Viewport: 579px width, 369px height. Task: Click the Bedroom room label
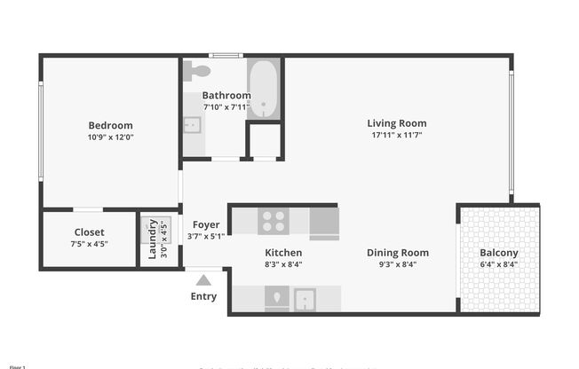click(x=110, y=125)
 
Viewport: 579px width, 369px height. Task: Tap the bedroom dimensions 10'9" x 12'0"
click(x=110, y=137)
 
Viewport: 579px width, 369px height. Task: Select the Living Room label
click(x=397, y=123)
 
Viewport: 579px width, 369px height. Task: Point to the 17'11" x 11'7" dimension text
click(x=397, y=136)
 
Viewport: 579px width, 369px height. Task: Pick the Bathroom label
click(x=226, y=96)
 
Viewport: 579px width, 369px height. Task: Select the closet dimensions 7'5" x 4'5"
click(x=89, y=244)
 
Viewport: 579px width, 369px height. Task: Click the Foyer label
click(x=206, y=224)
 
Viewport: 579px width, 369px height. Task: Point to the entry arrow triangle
click(x=203, y=280)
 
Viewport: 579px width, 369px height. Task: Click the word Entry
click(x=203, y=296)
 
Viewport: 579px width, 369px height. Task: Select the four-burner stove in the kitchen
click(x=273, y=220)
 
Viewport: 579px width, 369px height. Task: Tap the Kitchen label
click(x=283, y=253)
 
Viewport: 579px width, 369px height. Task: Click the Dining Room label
click(x=398, y=253)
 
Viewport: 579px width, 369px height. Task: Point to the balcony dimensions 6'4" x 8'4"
click(x=498, y=263)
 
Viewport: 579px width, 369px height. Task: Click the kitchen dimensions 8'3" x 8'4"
click(x=283, y=263)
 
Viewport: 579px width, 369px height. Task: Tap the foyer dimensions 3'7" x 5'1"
click(x=206, y=236)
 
